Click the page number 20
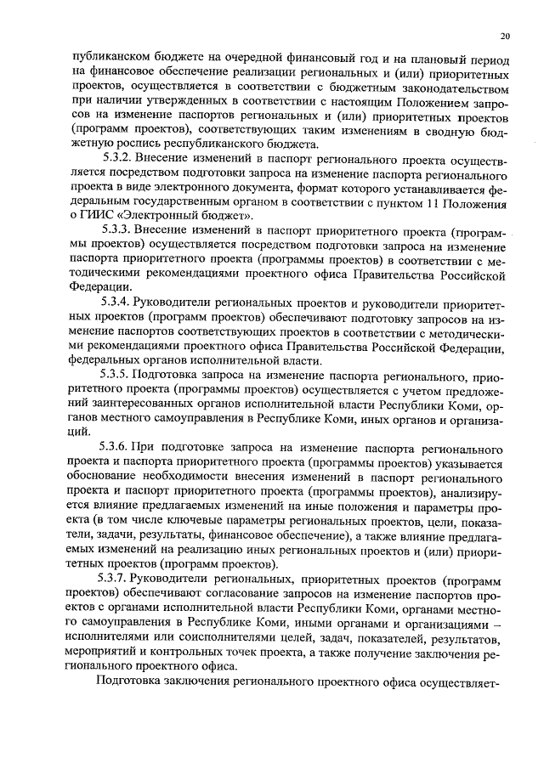tap(505, 36)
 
